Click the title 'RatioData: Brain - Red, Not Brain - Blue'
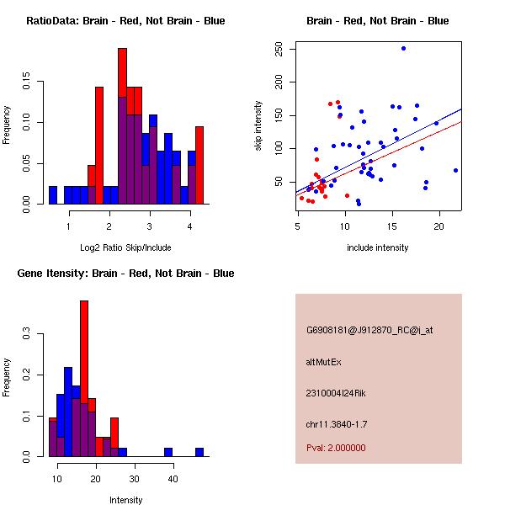coord(125,21)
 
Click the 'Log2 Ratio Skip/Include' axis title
coord(125,247)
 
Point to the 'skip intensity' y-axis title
coord(258,126)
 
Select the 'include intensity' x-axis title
coord(378,247)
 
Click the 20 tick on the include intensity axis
coord(438,226)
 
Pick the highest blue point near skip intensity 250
coord(403,48)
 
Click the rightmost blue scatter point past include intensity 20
coord(455,170)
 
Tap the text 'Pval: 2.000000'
coord(336,448)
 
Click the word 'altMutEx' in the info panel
coord(324,362)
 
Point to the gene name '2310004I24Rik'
coord(336,393)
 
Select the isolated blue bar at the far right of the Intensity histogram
coord(199,452)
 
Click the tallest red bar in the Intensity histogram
coord(84,379)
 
